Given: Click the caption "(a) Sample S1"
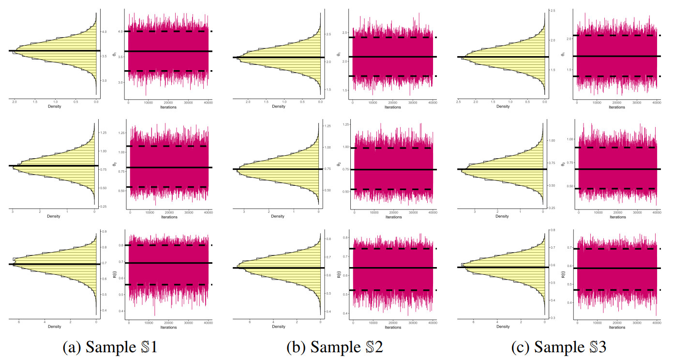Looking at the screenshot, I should coord(109,347).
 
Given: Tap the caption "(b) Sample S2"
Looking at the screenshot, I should coord(335,347).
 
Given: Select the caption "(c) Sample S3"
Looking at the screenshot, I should coord(559,347).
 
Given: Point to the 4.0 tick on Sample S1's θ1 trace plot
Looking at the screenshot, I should coord(121,31).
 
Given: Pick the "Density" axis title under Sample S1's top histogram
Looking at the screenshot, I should coord(54,107).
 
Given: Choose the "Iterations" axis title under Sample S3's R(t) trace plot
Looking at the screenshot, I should coord(617,328).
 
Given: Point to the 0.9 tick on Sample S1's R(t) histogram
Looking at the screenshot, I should coord(104,232).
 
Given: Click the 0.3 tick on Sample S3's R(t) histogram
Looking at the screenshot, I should coord(552,317).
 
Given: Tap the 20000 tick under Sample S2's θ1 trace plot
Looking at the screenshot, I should coord(392,103).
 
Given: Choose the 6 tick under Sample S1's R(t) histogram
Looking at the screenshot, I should coord(19,322).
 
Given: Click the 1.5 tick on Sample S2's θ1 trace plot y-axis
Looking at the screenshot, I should coord(346,90).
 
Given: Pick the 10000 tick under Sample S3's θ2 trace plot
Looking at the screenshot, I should coord(598,212).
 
